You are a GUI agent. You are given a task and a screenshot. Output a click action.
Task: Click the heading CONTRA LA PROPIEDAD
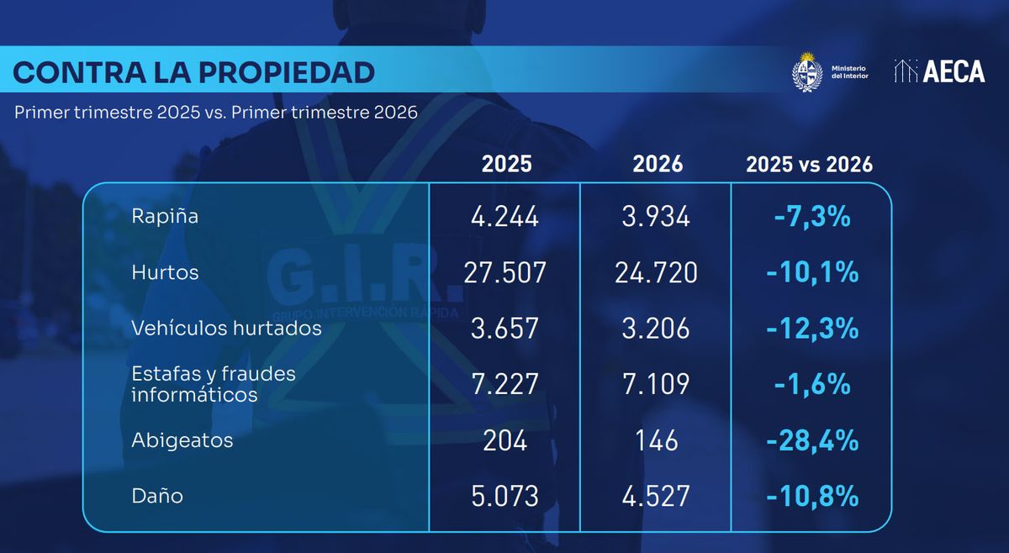tap(194, 72)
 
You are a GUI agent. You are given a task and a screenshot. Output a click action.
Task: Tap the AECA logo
tap(939, 71)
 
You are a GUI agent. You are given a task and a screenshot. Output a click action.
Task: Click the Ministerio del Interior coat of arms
tap(806, 71)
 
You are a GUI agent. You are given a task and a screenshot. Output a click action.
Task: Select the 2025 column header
tap(506, 164)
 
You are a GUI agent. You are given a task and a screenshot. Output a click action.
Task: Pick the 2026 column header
tap(658, 164)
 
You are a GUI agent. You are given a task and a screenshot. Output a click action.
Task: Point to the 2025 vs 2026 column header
tap(809, 164)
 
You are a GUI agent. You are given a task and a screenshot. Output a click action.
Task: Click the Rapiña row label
tap(165, 216)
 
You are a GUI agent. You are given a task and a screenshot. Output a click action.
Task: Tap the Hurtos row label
tap(165, 272)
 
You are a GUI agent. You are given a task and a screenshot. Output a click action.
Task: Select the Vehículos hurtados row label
tap(226, 328)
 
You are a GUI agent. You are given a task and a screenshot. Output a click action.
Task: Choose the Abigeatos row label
tap(182, 440)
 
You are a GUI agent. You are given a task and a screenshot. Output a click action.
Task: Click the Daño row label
tap(157, 496)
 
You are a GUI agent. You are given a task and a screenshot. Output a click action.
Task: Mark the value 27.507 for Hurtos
tap(505, 272)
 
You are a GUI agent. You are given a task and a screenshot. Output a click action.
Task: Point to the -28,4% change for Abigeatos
tap(812, 440)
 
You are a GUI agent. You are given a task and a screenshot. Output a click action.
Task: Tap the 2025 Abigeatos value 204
tap(505, 440)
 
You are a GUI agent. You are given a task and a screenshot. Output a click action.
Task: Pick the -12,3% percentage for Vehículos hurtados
tap(812, 329)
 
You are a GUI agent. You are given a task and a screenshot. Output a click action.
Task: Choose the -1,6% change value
tap(812, 384)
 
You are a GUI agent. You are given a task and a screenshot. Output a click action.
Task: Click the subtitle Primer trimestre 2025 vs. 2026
tap(216, 113)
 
